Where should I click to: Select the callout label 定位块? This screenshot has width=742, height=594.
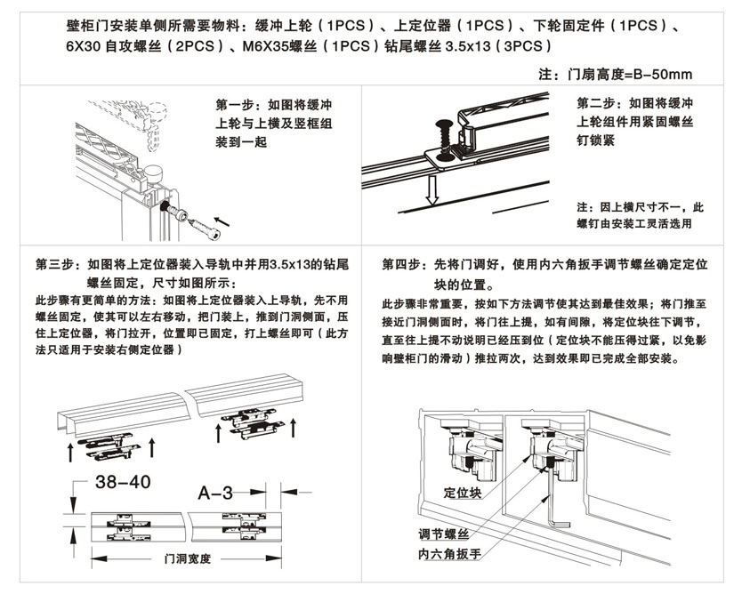click(x=463, y=493)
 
